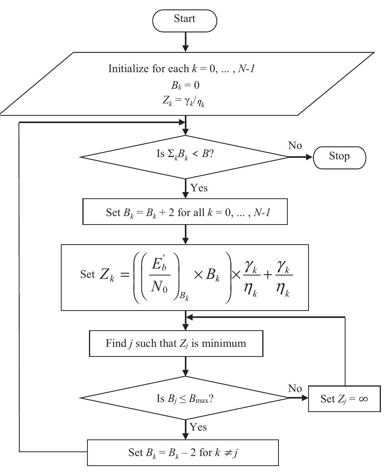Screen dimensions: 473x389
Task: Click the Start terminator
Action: click(x=185, y=19)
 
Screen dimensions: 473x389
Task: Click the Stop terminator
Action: click(x=339, y=157)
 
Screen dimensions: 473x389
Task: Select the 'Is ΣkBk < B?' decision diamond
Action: click(x=185, y=157)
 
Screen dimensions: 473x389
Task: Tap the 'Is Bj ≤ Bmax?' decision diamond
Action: click(x=185, y=399)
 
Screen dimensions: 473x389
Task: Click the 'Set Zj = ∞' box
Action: click(x=344, y=399)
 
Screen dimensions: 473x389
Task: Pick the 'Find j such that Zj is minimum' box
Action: click(x=176, y=343)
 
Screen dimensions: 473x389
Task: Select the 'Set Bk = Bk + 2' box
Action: click(x=185, y=212)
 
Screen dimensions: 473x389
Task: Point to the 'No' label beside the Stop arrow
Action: click(x=295, y=145)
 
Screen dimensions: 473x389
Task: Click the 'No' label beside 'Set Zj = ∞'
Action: click(x=295, y=389)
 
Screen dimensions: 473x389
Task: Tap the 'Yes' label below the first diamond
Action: click(x=199, y=188)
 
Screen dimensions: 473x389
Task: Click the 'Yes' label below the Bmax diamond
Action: click(x=199, y=427)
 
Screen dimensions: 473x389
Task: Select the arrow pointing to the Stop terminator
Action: click(x=301, y=157)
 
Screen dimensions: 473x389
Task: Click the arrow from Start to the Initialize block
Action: click(x=186, y=41)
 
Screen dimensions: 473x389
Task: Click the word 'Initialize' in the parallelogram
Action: click(x=128, y=69)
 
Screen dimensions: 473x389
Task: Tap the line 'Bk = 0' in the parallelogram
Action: click(x=185, y=85)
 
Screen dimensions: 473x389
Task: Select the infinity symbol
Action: click(x=362, y=399)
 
